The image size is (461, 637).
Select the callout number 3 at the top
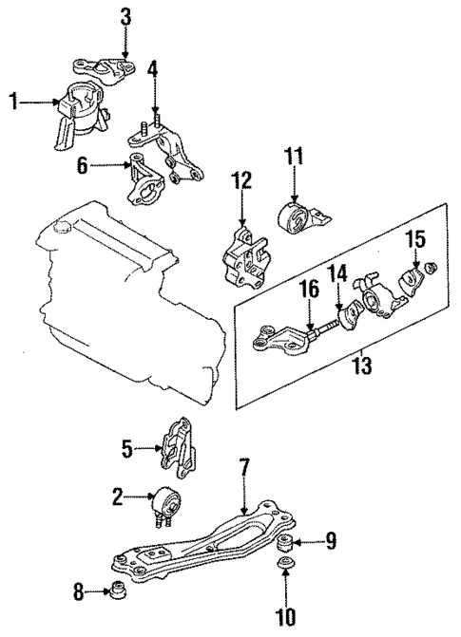coord(125,15)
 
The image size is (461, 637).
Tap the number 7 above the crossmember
coord(244,468)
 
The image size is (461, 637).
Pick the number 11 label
coord(296,153)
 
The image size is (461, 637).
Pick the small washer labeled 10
coord(285,569)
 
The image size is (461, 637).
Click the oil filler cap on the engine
coord(63,225)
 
